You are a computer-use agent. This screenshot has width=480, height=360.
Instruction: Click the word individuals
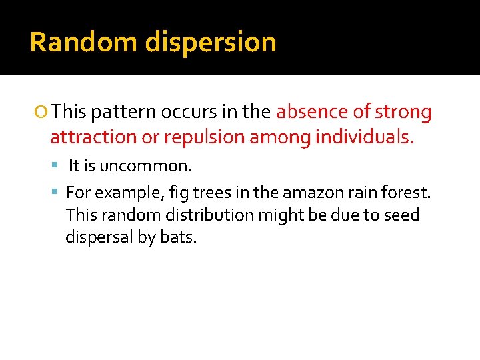[364, 137]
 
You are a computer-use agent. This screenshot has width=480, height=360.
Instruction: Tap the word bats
[179, 237]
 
